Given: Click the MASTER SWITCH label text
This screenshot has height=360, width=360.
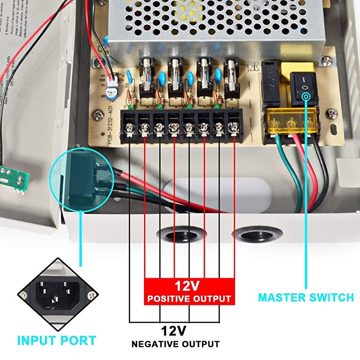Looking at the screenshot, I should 306,297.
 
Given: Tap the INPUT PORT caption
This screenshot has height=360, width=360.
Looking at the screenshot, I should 57,340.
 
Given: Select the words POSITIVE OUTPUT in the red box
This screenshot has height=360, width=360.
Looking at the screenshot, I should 189,298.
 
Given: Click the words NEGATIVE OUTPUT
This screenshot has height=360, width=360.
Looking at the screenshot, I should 175,344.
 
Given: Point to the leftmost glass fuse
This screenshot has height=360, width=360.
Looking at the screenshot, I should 146,74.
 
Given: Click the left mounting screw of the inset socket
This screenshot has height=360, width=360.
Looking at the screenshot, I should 21,294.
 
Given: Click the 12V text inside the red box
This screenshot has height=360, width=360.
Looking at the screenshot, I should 189,285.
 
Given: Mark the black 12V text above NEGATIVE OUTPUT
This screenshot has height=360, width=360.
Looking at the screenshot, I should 173,331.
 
